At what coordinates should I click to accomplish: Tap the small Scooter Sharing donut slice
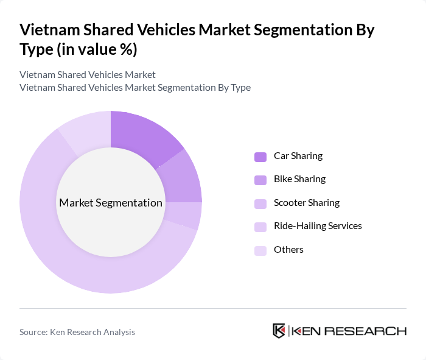coord(186,215)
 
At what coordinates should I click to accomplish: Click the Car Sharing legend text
coord(298,156)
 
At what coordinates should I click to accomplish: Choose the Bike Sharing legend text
coord(299,179)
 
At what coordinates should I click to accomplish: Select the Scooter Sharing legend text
coord(307,203)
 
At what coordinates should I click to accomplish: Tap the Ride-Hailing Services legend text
coord(318,226)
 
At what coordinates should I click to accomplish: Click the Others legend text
coord(288,250)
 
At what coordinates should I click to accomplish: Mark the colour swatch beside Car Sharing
coord(260,157)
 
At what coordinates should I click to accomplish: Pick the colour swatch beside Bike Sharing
coord(260,180)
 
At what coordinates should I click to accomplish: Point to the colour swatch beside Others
coord(260,250)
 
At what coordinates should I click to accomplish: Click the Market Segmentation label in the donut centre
coord(111,203)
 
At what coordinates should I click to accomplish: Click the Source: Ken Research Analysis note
coord(77,332)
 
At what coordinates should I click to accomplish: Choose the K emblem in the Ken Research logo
coord(279,331)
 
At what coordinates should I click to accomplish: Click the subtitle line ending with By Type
coord(135,87)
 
